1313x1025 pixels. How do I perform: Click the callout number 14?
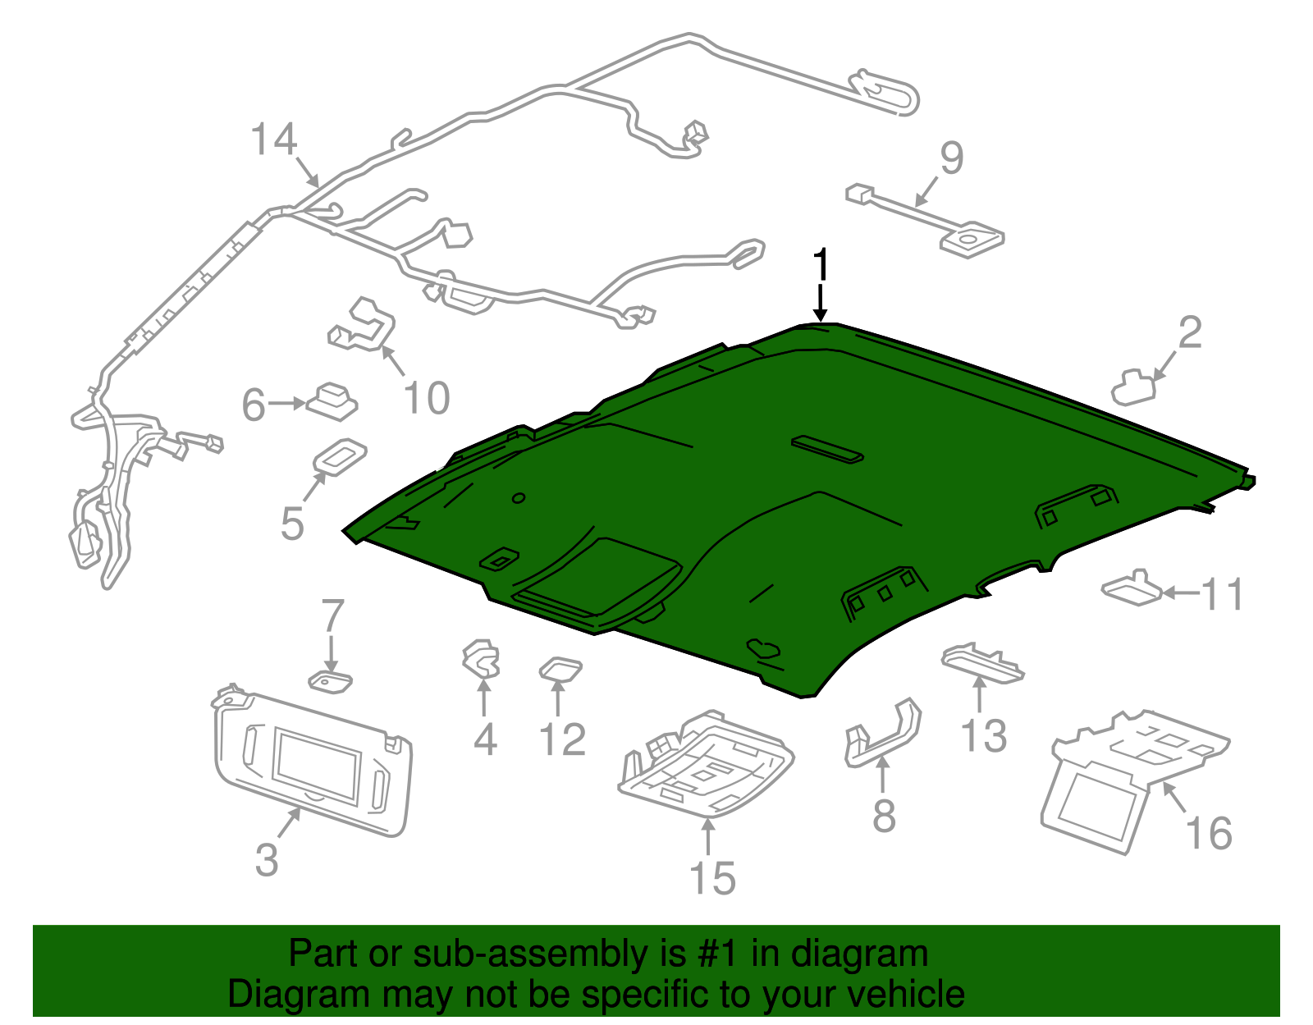tap(274, 140)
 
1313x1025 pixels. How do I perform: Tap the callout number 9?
tap(951, 158)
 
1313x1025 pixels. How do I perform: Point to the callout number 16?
tap(1209, 833)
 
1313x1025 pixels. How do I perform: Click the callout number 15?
tap(712, 878)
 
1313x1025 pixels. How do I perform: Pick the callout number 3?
tap(267, 860)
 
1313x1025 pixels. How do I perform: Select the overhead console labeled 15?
tap(706, 765)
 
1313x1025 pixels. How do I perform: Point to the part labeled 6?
tap(332, 401)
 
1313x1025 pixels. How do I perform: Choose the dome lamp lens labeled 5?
tap(340, 457)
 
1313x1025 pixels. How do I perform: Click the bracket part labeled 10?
tap(361, 325)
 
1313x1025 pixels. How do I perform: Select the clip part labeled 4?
tap(482, 660)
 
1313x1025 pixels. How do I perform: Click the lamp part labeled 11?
tap(1131, 588)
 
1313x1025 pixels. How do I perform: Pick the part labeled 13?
tap(982, 663)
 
